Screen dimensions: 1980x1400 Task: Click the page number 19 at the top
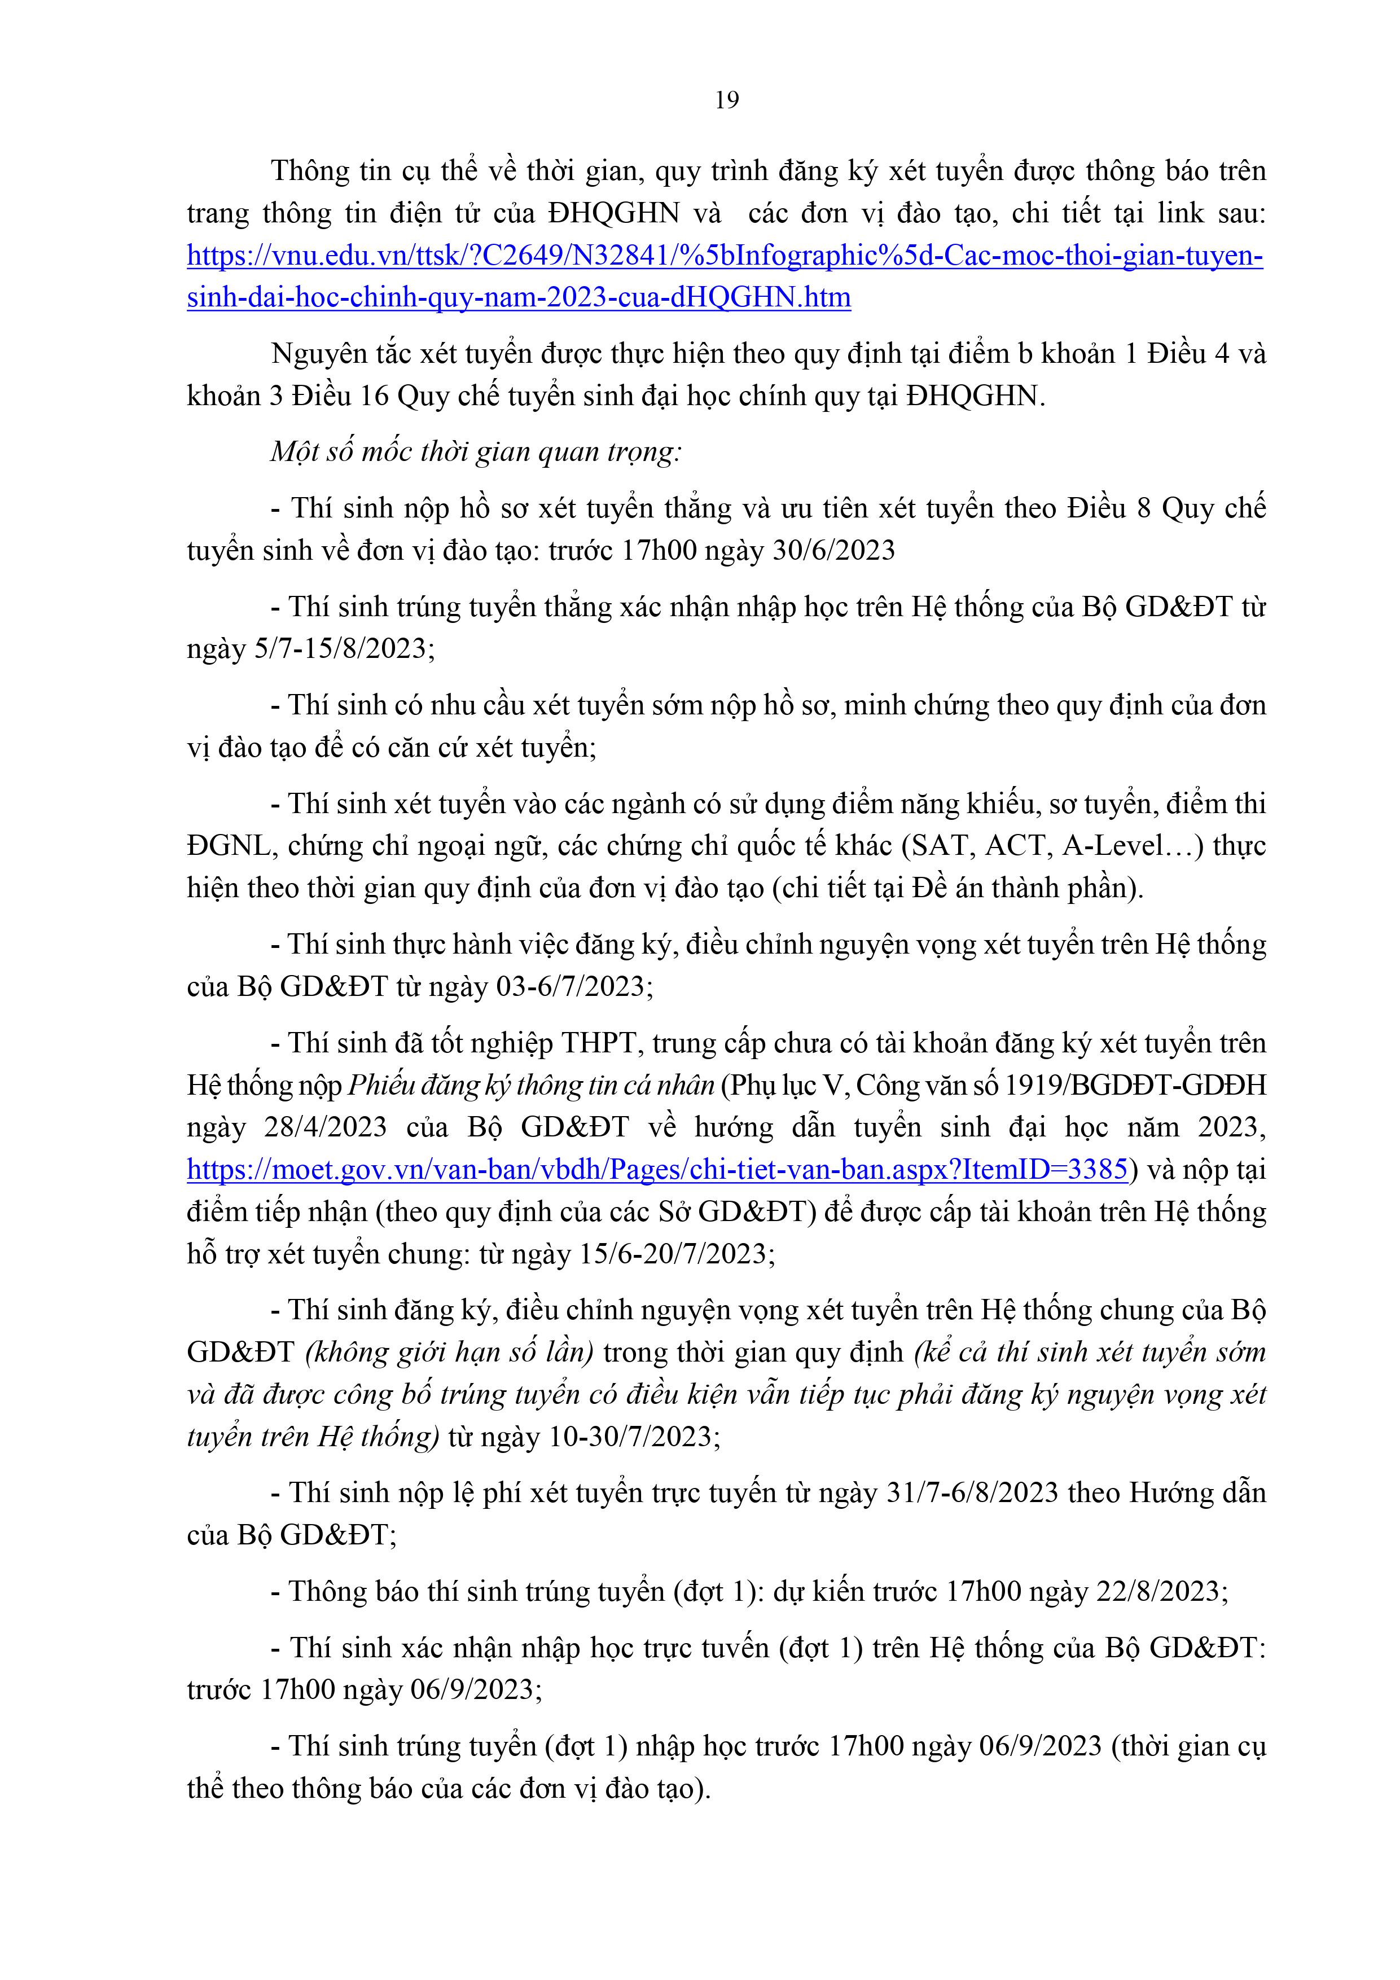pos(726,101)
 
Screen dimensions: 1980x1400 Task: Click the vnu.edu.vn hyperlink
pos(725,256)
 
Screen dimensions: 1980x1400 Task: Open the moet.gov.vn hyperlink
pos(657,1169)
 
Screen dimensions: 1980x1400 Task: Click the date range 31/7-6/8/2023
pos(972,1493)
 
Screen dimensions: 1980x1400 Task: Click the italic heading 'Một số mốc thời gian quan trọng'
pos(475,452)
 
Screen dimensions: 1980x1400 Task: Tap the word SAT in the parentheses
pos(940,846)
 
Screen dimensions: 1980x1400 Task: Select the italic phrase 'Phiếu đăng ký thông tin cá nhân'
pos(530,1085)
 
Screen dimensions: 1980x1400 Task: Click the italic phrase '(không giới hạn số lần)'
pos(449,1352)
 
